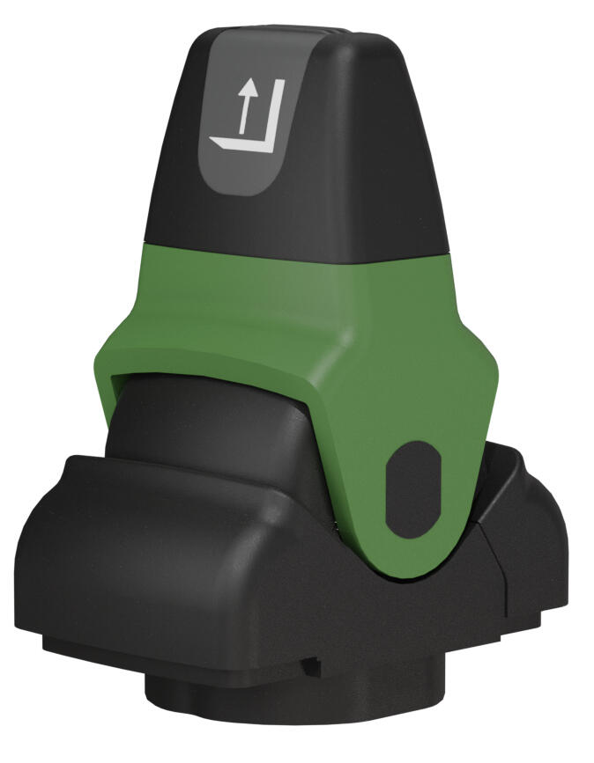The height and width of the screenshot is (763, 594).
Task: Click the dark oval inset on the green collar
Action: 412,488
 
